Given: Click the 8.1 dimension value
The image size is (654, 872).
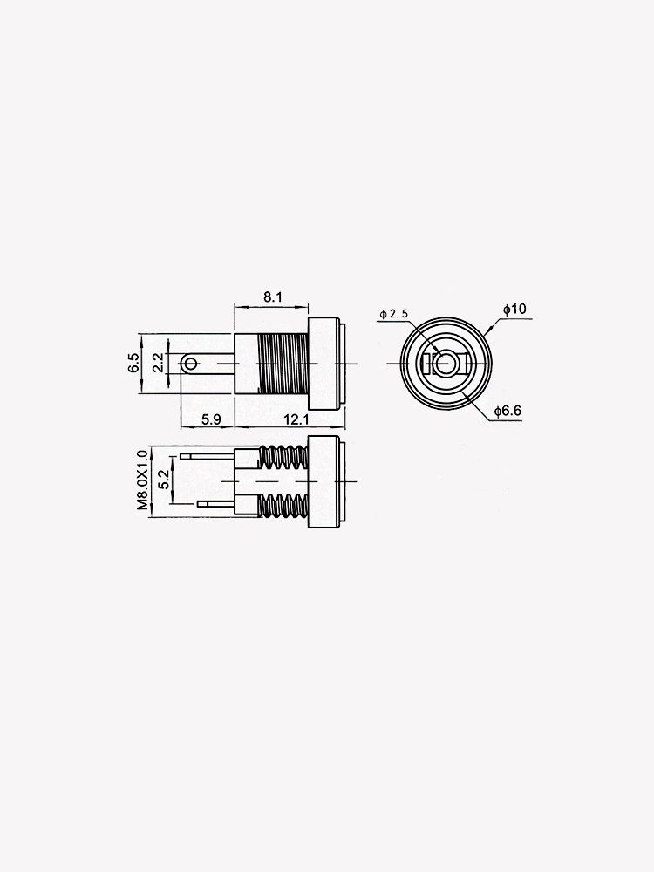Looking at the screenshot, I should (x=272, y=297).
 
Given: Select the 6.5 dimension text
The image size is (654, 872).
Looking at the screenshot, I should (x=133, y=363).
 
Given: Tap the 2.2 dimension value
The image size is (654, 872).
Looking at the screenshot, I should (x=157, y=363).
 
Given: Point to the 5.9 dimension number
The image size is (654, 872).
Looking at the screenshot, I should (x=210, y=419).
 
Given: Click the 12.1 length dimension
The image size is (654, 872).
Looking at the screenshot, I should (x=296, y=419).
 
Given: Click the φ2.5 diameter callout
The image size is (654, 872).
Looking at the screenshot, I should (x=394, y=314).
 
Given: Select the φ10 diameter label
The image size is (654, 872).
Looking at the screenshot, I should (x=514, y=310).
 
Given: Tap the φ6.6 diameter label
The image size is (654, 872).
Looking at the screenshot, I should (x=507, y=411).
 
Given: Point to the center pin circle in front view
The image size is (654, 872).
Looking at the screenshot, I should (x=446, y=363).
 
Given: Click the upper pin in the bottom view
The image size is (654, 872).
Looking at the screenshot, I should (x=208, y=456).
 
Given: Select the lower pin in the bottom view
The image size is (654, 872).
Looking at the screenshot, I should (x=216, y=503).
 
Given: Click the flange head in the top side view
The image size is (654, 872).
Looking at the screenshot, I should (x=327, y=363).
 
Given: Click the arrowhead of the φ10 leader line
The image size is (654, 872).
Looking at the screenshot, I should (x=491, y=332).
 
